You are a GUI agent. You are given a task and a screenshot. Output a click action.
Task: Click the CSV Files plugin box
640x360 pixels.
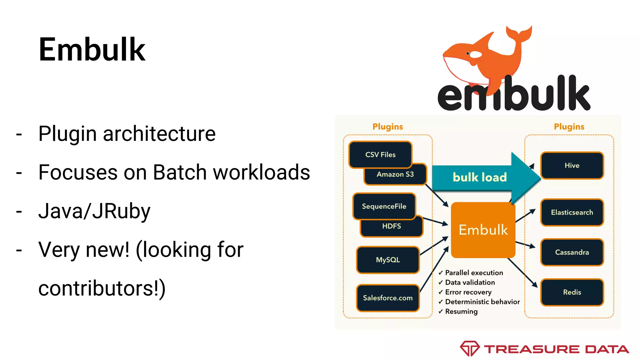coord(380,154)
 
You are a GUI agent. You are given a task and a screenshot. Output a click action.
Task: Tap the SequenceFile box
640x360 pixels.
coord(384,206)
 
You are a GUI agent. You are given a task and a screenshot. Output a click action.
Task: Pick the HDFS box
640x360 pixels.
coord(392,227)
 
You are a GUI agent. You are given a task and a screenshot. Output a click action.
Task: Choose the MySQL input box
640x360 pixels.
coord(388,260)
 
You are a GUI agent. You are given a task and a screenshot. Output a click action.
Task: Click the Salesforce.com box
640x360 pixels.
coord(388,298)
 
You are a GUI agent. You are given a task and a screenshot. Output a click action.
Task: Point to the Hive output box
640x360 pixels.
coord(572,165)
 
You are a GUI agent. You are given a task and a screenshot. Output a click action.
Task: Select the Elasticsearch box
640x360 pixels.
coord(572,212)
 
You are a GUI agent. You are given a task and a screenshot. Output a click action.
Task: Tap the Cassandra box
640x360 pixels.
coord(572,252)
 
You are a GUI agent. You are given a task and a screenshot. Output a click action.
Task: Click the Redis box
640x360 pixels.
coord(572,292)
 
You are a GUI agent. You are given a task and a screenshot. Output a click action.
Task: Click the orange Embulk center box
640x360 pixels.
coord(483,230)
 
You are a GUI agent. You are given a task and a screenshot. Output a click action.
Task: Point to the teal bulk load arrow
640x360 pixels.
coord(480,177)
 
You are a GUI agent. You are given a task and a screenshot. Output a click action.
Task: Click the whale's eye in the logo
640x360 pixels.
coord(468,53)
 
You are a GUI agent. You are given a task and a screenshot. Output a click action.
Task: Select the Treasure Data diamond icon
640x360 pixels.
coord(469,348)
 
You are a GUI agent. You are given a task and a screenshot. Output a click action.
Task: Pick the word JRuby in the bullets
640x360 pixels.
coord(121,211)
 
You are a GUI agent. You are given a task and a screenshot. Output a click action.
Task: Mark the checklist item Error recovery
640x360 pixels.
coord(468,292)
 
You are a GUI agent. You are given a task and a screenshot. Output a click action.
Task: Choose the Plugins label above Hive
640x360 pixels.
coord(569,127)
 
